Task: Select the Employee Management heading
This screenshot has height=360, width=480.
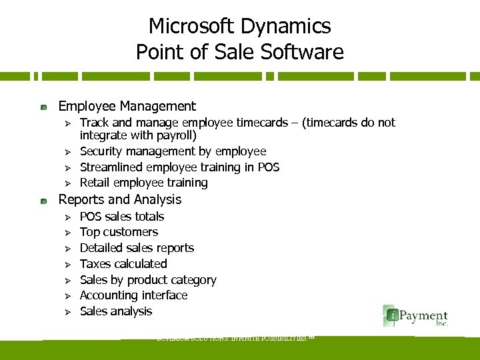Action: (127, 106)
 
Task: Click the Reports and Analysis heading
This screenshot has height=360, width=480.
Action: (120, 199)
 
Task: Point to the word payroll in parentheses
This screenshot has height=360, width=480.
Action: (175, 135)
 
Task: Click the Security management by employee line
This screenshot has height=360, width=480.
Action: (173, 151)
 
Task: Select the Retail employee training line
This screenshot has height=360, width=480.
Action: (143, 182)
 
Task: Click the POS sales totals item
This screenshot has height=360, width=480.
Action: (121, 217)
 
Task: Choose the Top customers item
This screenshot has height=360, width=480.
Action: (119, 232)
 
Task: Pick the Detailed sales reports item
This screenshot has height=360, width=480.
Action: (137, 248)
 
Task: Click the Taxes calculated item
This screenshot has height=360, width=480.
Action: (123, 264)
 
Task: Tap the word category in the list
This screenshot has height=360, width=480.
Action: (192, 280)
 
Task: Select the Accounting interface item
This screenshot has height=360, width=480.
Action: (133, 295)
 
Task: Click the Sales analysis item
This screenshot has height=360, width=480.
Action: (116, 311)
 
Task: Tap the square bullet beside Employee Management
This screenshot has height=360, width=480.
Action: (43, 107)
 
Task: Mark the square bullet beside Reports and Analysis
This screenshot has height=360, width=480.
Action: (43, 200)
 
